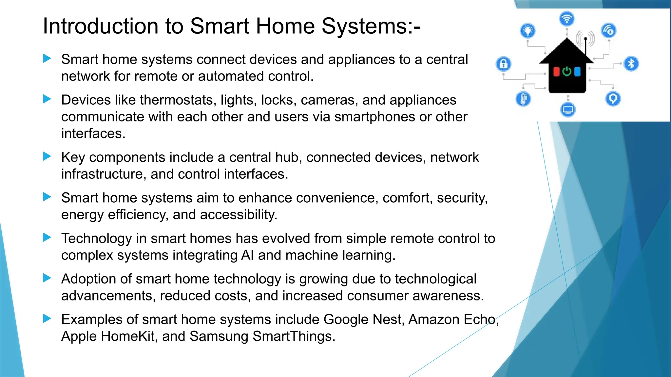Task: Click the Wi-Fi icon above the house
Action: (x=567, y=18)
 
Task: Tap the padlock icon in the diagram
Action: (x=504, y=64)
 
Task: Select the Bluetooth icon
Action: (x=631, y=63)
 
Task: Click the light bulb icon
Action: (x=528, y=31)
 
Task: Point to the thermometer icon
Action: (x=523, y=99)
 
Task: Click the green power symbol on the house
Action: (x=567, y=71)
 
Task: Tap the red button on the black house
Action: (x=556, y=71)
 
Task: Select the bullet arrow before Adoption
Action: (x=47, y=278)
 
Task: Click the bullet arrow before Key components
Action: (x=47, y=156)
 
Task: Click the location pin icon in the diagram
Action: (x=613, y=99)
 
